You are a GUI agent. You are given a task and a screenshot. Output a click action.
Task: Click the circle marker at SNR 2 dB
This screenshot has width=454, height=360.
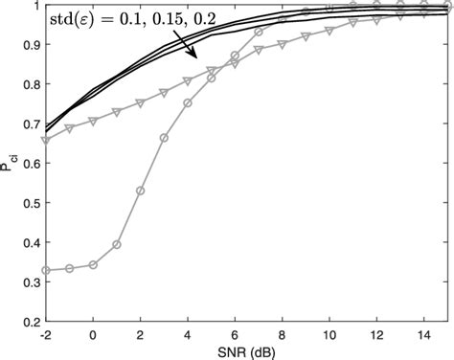[x=141, y=191]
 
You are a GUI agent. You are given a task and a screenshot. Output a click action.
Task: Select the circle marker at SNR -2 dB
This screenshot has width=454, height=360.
[x=46, y=270]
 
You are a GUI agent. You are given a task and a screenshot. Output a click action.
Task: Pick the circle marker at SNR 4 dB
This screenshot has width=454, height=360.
[x=188, y=102]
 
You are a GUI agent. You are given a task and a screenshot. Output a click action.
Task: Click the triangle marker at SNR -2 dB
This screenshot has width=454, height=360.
[x=46, y=140]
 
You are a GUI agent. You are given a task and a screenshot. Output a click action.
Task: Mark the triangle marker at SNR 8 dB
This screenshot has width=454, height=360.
[x=283, y=43]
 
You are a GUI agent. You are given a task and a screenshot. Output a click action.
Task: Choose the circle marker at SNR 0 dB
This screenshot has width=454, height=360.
[x=93, y=264]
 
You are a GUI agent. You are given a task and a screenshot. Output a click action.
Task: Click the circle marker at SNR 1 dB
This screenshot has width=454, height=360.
[x=117, y=244]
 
